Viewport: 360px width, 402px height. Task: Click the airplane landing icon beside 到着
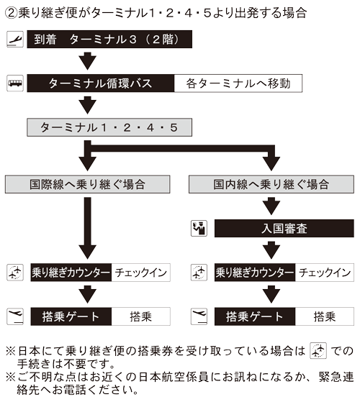pyautogui.click(x=14, y=39)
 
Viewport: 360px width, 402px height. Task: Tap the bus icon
pyautogui.click(x=14, y=83)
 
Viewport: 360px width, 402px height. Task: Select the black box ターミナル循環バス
pyautogui.click(x=100, y=83)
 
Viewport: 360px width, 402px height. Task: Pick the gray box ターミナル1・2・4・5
pyautogui.click(x=110, y=127)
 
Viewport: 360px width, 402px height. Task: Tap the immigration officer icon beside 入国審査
pyautogui.click(x=198, y=229)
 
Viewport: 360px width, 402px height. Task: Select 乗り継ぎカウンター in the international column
pyautogui.click(x=70, y=273)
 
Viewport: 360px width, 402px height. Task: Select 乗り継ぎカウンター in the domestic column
pyautogui.click(x=255, y=273)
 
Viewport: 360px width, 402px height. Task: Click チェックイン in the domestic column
pyautogui.click(x=325, y=273)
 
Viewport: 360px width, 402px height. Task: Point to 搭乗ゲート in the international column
pyautogui.click(x=70, y=316)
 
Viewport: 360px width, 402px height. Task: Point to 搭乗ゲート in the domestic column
pyautogui.click(x=255, y=316)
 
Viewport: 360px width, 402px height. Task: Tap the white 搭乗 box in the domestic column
pyautogui.click(x=325, y=316)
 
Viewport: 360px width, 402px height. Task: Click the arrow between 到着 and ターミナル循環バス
pyautogui.click(x=88, y=60)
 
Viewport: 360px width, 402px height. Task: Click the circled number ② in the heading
pyautogui.click(x=11, y=12)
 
